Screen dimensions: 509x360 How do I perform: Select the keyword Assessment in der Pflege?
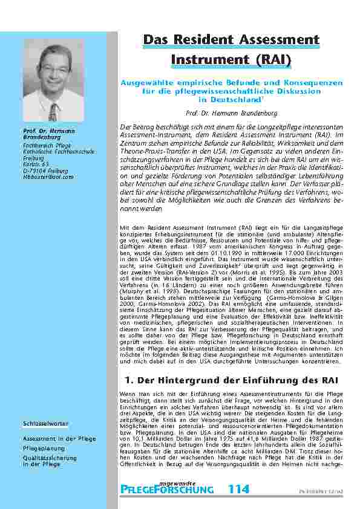[x=54, y=438]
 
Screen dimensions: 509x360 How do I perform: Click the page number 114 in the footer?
[x=238, y=489]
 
